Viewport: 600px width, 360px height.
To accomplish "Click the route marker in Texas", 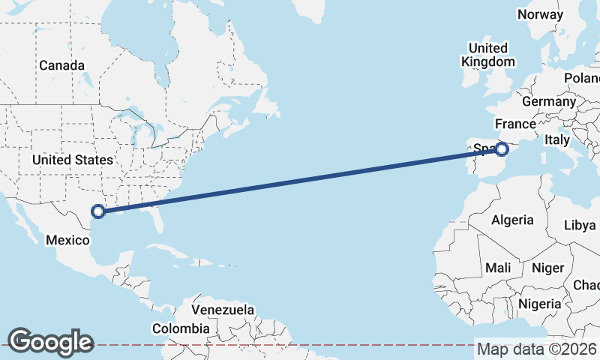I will pos(97,211).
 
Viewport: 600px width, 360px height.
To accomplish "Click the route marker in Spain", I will pos(502,150).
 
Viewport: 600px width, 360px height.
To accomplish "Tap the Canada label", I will pos(61,65).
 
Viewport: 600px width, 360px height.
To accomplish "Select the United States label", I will pos(72,160).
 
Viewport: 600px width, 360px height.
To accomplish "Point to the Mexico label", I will pos(68,240).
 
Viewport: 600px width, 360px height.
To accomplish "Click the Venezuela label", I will pos(223,310).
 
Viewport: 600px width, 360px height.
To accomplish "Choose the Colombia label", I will pos(181,328).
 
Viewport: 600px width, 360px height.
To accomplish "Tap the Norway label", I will pos(540,14).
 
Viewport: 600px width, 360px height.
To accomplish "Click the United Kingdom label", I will pos(488,55).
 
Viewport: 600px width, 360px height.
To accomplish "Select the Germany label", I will pos(548,101).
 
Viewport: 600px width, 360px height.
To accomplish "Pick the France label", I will pos(515,124).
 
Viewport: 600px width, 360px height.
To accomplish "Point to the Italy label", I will pos(557,139).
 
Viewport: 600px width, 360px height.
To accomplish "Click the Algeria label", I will pos(512,220).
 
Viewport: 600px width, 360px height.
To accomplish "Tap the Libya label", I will pos(579,224).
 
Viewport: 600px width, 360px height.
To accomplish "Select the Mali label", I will pos(498,268).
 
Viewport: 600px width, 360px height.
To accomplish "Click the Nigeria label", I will pos(539,304).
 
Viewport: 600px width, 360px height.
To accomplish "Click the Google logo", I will pos(50,342).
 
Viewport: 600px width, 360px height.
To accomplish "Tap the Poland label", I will pos(583,78).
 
